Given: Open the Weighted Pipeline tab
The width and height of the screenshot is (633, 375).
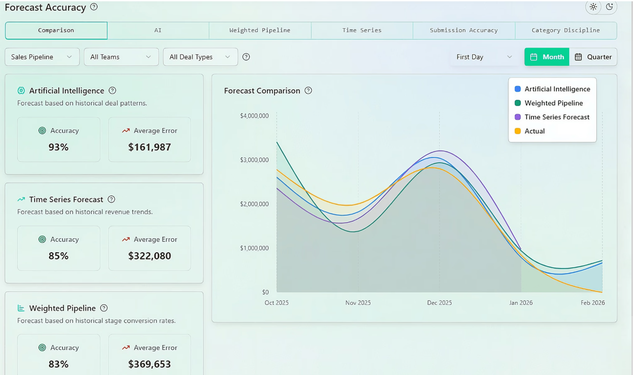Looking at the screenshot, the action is pos(260,30).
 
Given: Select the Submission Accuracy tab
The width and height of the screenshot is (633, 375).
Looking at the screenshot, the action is pos(464,30).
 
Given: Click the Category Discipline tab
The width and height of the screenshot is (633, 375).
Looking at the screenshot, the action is pos(566,30).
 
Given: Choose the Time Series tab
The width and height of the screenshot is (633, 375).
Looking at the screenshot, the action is pos(362,30).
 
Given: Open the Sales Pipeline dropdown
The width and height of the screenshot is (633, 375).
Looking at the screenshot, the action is pos(42,57).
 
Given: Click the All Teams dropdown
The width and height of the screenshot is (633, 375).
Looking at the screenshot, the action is pos(121,57).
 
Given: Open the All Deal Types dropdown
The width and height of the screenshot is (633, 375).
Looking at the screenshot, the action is pos(200,57).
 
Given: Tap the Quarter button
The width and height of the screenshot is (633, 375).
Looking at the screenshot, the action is pos(593,57).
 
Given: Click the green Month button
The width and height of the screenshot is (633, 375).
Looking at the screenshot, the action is pos(547,57).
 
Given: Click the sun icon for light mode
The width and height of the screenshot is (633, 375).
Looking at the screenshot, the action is pos(593,7).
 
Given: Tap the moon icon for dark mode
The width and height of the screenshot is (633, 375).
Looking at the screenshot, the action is pos(609,7).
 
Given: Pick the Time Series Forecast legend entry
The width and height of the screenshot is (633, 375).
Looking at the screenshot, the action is pos(552,117).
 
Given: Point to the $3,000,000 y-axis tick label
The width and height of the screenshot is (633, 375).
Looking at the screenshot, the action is pos(254,160).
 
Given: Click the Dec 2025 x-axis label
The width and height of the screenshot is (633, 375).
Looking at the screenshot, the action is pos(440,303).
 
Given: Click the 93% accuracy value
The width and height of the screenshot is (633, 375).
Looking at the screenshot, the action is pos(58,147).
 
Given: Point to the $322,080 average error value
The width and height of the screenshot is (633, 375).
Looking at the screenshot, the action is pos(149,256).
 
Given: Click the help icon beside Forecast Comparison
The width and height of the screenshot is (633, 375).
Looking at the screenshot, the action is pos(308,91).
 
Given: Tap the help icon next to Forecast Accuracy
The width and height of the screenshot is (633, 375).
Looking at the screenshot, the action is pos(94,7).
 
